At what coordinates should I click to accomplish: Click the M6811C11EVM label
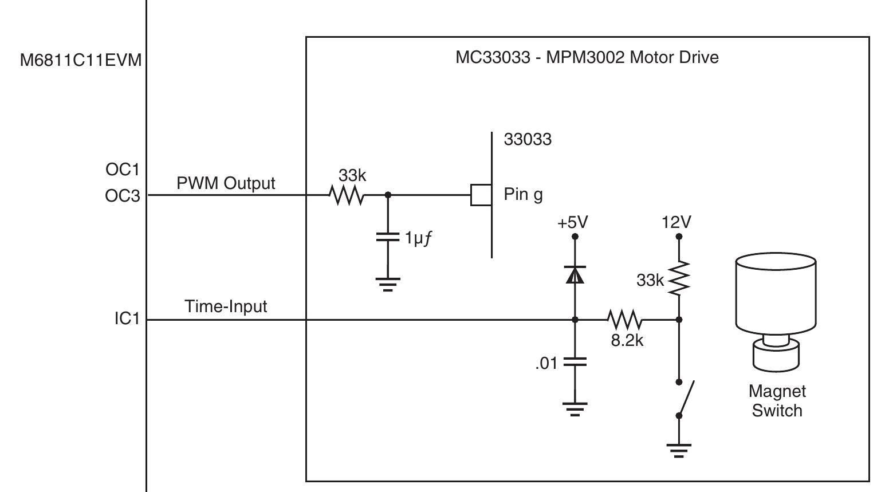81,60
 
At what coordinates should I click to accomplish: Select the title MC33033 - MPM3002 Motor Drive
587,57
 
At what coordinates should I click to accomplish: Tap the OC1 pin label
123,170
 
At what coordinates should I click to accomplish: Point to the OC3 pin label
123,196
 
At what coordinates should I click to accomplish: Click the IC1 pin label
127,319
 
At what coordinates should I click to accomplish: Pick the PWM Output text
226,183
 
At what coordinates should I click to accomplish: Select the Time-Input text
226,306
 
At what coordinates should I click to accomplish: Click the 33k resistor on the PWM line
346,195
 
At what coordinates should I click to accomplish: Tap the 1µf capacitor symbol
388,237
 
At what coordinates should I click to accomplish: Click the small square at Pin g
481,195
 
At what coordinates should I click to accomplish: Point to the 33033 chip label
528,139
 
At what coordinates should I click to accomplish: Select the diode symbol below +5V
575,275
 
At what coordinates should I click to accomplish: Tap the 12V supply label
676,222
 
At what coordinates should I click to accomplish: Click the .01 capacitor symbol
575,362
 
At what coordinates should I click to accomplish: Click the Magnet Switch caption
777,401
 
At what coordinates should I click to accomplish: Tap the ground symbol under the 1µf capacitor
388,284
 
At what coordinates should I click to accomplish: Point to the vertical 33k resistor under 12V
679,279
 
